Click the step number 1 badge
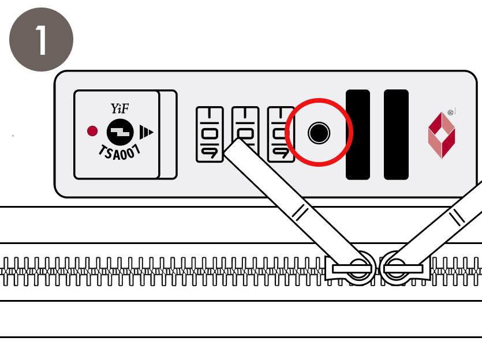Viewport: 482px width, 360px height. (41, 40)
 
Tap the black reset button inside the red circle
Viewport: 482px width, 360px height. (319, 133)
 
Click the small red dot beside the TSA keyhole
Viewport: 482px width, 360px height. (92, 131)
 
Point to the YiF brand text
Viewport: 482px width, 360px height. (119, 108)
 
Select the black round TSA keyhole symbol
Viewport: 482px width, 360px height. (120, 132)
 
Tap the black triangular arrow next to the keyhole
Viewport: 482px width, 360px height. (146, 132)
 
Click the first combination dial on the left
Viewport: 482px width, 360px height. (210, 134)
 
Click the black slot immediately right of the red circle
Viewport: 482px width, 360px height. (358, 134)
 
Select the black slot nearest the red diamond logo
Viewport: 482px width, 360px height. (396, 134)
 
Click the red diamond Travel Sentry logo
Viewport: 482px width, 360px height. (442, 135)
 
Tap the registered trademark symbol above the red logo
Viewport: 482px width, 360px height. (451, 112)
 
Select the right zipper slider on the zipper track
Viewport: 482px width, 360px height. (405, 268)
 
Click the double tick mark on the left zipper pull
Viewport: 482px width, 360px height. (300, 212)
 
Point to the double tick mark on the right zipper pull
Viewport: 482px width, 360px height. (457, 217)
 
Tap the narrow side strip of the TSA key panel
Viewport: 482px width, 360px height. (168, 134)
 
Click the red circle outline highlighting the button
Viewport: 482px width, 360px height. (319, 99)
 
